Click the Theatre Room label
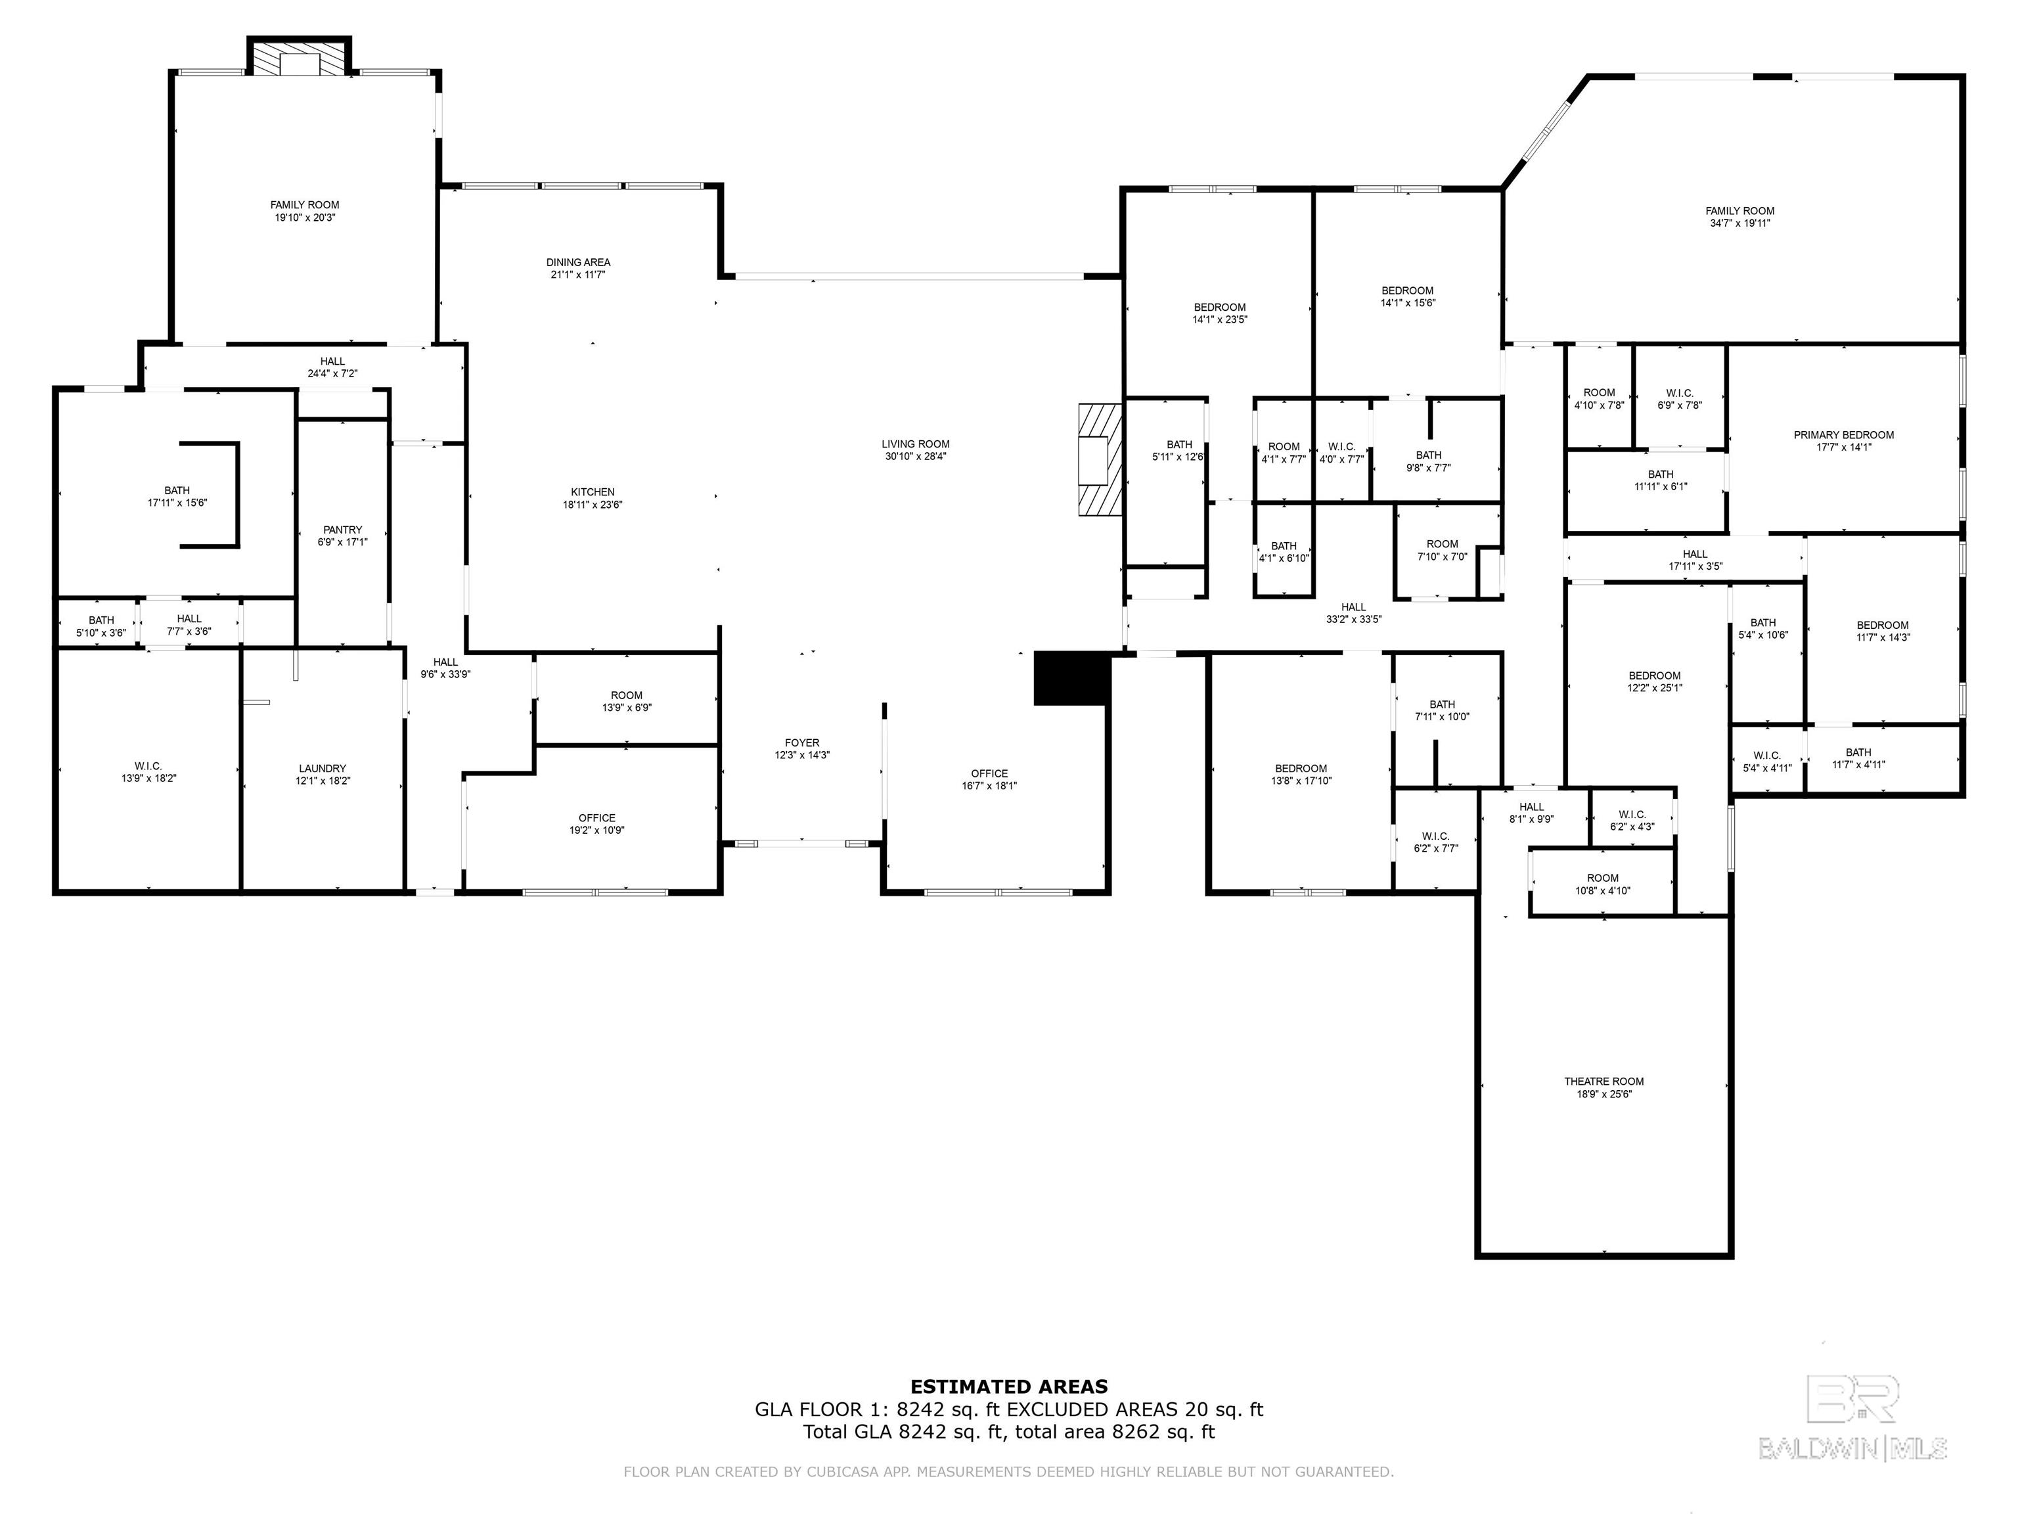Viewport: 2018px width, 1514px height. pyautogui.click(x=1603, y=1082)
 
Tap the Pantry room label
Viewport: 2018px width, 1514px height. pyautogui.click(x=343, y=529)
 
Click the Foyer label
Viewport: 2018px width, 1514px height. pyautogui.click(x=802, y=743)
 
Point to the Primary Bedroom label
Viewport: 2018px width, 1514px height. pyautogui.click(x=1844, y=434)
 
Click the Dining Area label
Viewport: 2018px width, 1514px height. pyautogui.click(x=578, y=262)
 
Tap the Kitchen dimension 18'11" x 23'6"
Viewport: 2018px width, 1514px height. pyautogui.click(x=593, y=505)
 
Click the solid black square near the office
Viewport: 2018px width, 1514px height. pyautogui.click(x=1071, y=678)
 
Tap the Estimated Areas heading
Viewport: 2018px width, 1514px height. pyautogui.click(x=1009, y=1387)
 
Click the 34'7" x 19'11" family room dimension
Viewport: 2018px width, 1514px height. pyautogui.click(x=1739, y=223)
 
